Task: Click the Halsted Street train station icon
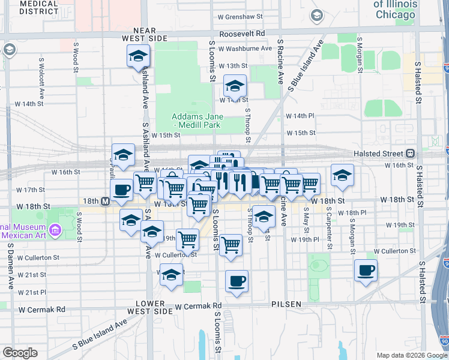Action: click(411, 153)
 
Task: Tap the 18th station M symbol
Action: click(105, 201)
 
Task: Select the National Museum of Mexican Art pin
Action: click(55, 230)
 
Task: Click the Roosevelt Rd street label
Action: click(242, 34)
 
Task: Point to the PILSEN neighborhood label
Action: click(286, 304)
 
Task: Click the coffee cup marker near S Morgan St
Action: click(366, 270)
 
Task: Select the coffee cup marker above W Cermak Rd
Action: click(237, 280)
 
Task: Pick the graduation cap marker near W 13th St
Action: click(235, 85)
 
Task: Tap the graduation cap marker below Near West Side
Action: click(138, 56)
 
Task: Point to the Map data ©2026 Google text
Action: click(411, 355)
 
